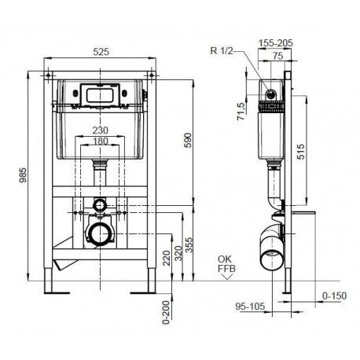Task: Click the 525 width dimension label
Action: [101, 52]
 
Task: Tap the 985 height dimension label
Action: [23, 175]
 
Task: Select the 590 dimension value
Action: [188, 141]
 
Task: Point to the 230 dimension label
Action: [100, 130]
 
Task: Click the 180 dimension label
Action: [101, 141]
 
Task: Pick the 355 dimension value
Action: [189, 245]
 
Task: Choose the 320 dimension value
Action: [178, 253]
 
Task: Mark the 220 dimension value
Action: [167, 258]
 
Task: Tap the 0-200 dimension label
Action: [166, 312]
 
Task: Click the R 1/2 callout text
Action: [222, 50]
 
